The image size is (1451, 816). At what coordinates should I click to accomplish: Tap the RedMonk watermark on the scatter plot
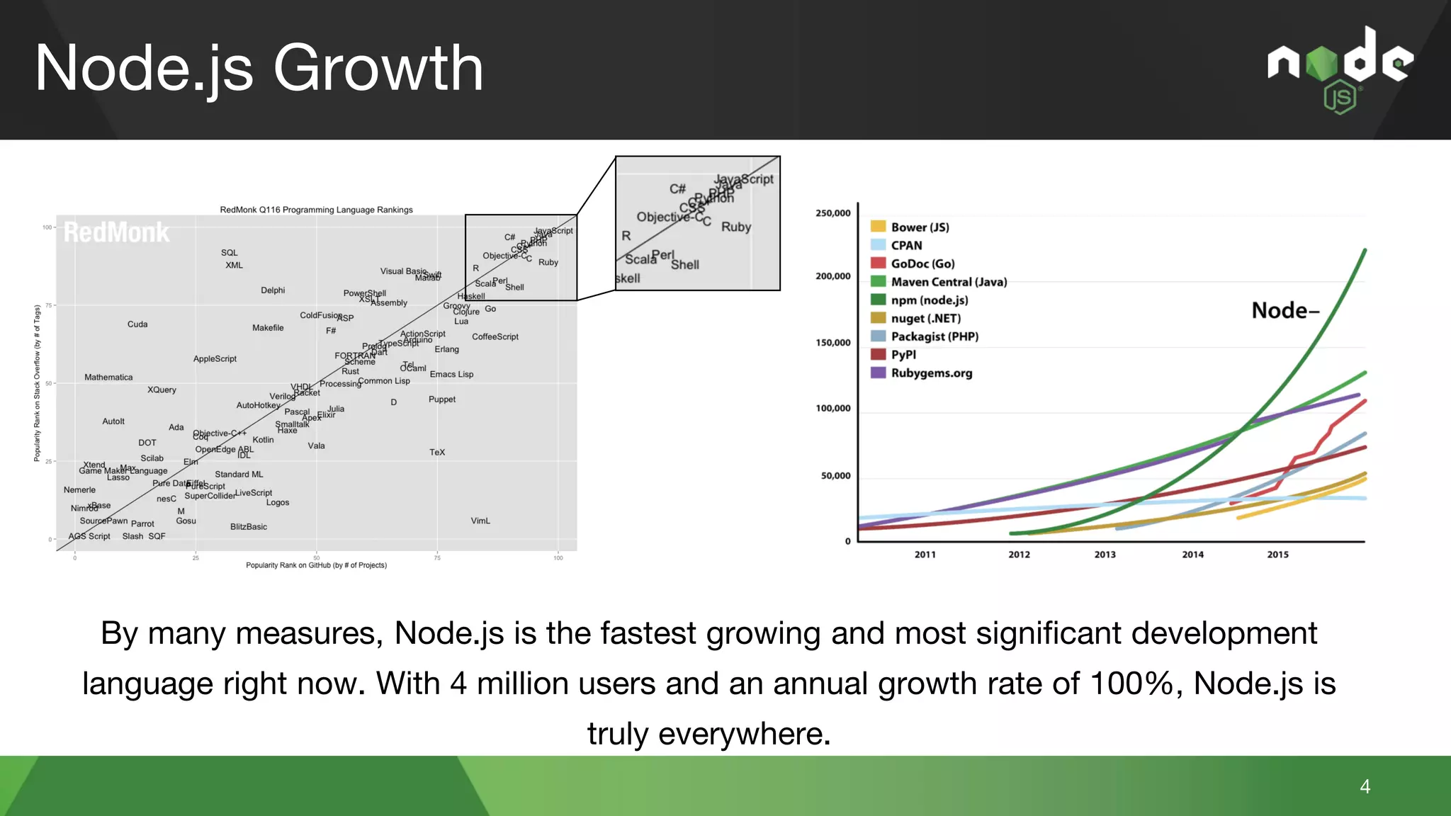point(117,232)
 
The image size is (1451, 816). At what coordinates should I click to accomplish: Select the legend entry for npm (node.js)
point(929,300)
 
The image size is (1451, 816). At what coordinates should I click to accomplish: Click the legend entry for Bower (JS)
point(920,227)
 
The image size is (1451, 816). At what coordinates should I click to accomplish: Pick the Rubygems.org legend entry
point(931,373)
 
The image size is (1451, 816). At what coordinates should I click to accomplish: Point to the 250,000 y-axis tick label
point(832,213)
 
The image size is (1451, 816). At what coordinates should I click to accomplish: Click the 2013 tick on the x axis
point(1105,555)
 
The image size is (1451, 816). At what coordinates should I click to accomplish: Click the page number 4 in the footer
point(1365,786)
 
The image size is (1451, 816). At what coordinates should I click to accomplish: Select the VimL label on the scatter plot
point(480,521)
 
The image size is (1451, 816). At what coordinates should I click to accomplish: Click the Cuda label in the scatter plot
point(137,324)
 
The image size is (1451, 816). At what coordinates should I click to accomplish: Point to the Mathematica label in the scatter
point(108,378)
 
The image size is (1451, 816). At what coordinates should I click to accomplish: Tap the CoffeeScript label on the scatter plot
point(495,337)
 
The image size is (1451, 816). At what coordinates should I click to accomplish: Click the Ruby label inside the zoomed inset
point(735,227)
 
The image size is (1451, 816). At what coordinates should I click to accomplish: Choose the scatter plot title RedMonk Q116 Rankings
point(316,210)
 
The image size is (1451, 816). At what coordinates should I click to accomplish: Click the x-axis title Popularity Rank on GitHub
point(316,565)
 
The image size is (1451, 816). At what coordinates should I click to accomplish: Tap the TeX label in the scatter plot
point(437,453)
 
